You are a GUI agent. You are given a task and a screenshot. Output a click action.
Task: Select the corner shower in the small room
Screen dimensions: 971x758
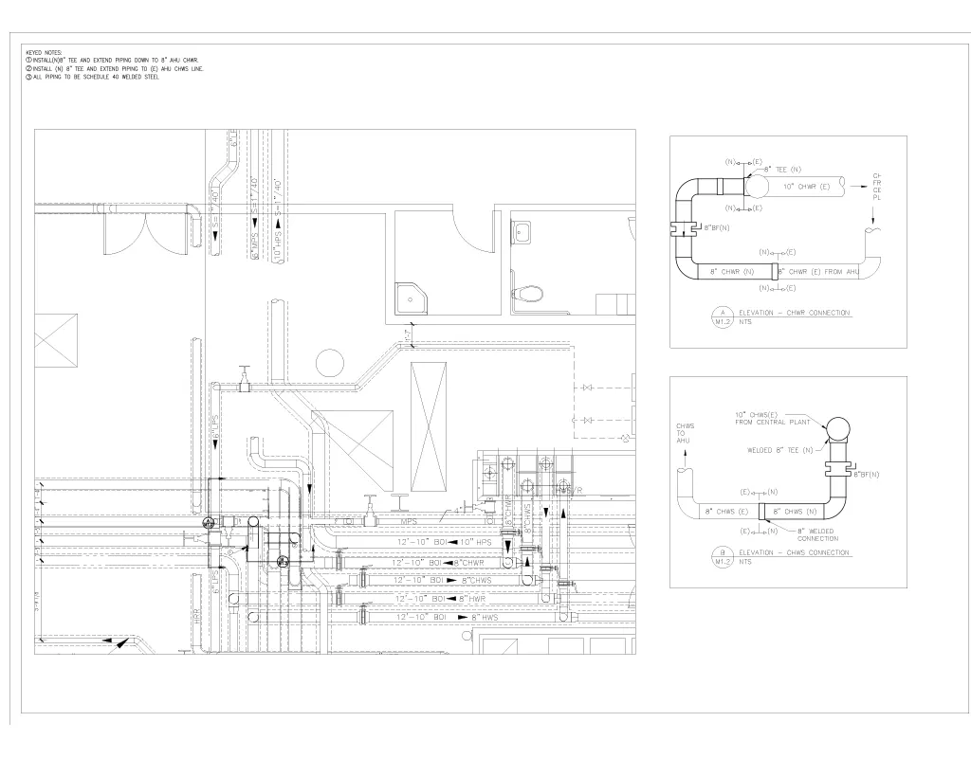click(x=412, y=296)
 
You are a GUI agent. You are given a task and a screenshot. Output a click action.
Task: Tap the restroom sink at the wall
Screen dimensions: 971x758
click(x=523, y=230)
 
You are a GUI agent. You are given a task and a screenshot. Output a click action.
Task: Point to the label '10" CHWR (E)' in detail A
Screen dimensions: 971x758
click(x=807, y=187)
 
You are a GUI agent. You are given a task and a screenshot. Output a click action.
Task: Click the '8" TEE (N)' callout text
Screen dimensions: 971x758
click(x=783, y=169)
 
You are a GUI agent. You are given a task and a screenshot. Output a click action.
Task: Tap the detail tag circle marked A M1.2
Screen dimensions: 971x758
click(x=724, y=317)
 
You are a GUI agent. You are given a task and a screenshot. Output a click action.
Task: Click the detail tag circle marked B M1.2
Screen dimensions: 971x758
click(x=724, y=557)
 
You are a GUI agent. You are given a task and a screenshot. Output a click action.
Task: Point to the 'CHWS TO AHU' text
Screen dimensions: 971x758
click(x=685, y=434)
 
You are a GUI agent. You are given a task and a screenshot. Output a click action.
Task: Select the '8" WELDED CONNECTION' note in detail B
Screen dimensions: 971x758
click(x=817, y=534)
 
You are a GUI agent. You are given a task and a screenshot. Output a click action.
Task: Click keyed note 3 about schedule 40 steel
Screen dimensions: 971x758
click(x=95, y=77)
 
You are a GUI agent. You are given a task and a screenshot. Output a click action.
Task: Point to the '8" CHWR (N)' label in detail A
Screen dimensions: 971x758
click(x=732, y=272)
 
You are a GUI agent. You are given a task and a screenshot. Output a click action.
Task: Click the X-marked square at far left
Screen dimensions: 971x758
click(x=56, y=340)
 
